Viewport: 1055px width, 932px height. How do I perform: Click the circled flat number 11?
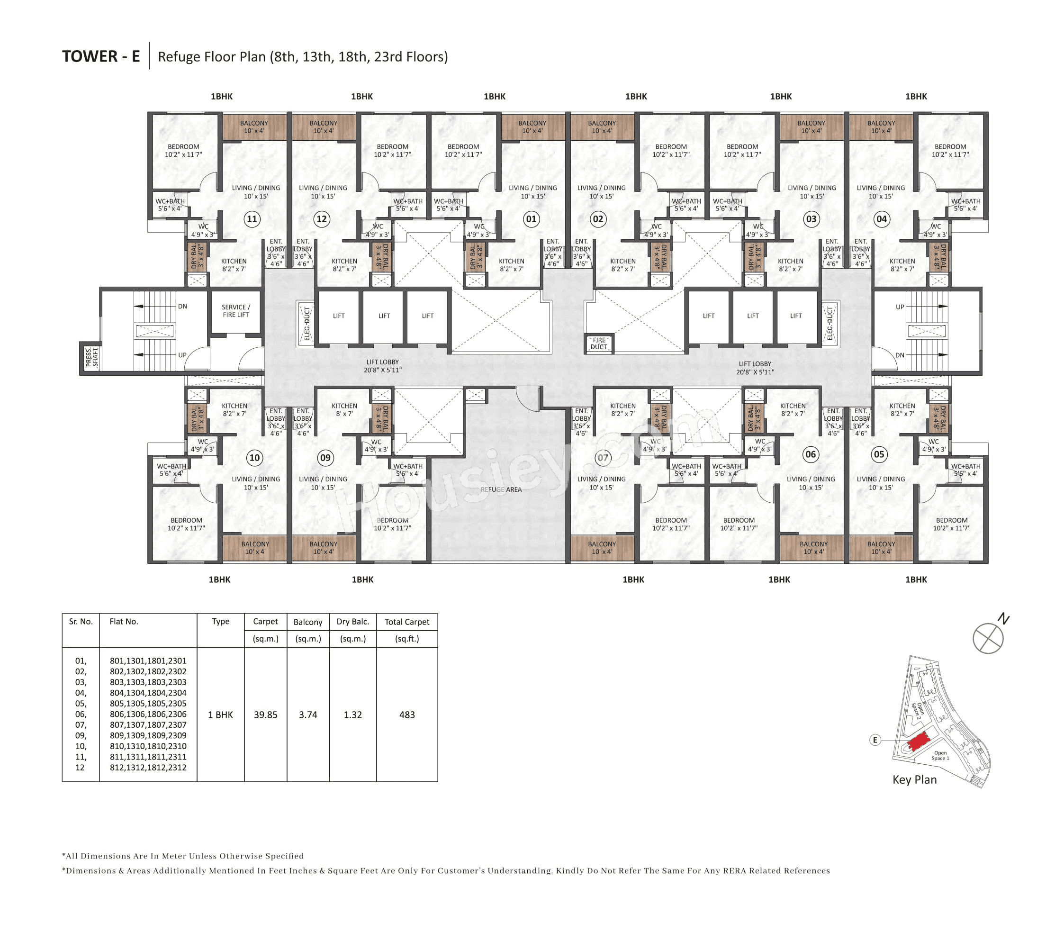252,219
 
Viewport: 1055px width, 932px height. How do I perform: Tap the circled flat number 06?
811,454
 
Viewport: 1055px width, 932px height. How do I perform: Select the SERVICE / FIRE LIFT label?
236,311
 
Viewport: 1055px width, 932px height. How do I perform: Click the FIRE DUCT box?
599,344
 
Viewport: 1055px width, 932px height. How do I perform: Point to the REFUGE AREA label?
501,489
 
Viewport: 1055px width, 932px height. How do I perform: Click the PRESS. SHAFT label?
91,357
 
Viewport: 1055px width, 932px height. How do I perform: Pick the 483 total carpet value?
407,715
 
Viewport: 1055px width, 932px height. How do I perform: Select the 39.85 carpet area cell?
265,715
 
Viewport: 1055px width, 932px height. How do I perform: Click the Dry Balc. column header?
352,622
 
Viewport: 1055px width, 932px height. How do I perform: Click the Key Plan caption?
914,780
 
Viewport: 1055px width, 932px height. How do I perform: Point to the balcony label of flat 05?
881,548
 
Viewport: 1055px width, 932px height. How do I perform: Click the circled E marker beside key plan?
875,740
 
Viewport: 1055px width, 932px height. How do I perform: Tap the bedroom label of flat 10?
186,524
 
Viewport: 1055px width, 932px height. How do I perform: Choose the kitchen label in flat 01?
512,265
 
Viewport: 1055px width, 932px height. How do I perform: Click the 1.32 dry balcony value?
352,715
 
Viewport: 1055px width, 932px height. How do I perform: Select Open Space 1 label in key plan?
940,755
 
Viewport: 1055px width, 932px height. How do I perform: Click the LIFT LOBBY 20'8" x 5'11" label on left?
382,366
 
